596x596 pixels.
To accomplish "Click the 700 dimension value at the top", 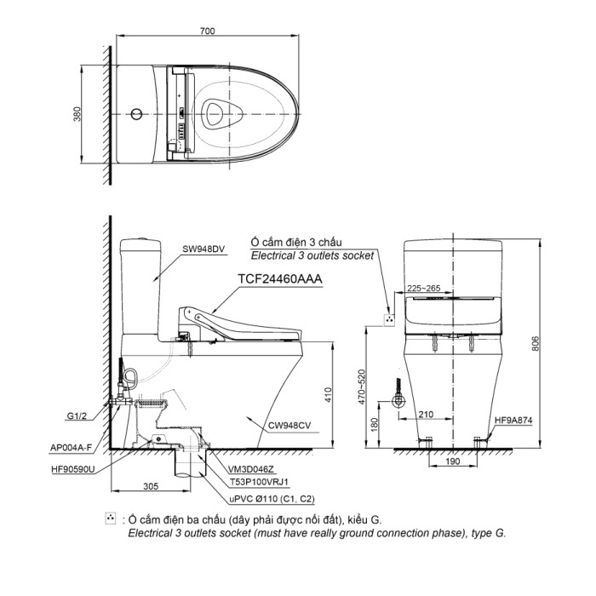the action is [207, 31].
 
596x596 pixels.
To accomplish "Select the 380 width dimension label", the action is [77, 114].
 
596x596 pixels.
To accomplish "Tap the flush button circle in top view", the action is [136, 114].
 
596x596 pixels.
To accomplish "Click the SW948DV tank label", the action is [203, 249].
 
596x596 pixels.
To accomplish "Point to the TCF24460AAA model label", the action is [280, 279].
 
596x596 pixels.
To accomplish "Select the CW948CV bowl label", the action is [289, 426].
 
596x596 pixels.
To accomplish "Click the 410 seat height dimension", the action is [329, 395].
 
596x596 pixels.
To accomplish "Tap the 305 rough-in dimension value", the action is [151, 486].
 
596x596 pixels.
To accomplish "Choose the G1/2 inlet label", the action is [77, 416].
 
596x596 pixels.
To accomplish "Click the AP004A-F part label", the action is [71, 448].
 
